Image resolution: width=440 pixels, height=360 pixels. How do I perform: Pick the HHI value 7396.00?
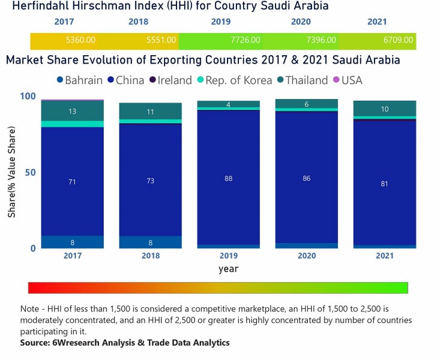323,41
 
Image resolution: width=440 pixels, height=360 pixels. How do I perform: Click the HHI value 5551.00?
161,41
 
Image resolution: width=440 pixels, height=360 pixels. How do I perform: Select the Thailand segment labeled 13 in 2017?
72,111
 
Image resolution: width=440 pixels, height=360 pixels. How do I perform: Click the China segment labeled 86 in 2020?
307,178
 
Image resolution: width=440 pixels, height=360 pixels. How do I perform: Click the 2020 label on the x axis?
307,256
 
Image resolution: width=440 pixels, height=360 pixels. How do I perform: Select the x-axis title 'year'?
228,269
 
